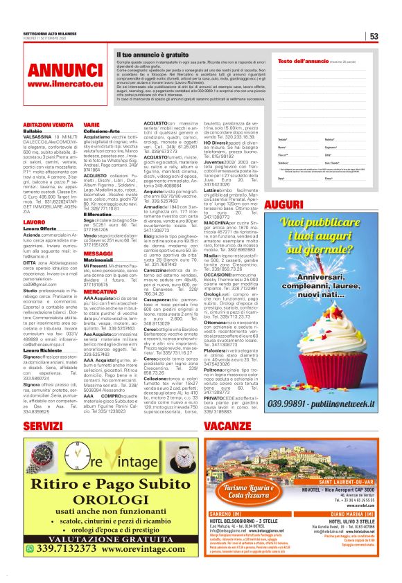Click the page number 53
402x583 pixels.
[x=373, y=36]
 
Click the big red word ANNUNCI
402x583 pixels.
[x=55, y=69]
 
